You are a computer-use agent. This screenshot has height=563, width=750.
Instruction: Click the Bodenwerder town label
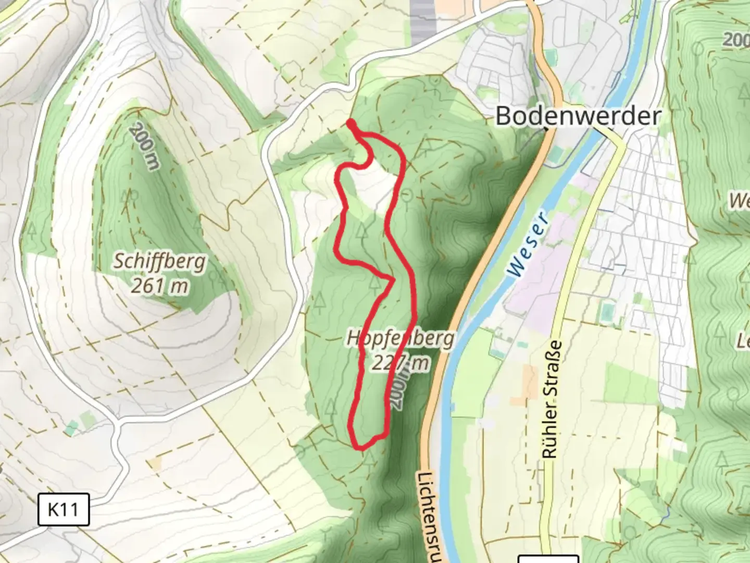(578, 116)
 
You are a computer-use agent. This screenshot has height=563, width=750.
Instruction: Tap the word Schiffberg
(159, 261)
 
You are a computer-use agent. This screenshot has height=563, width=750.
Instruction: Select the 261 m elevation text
(159, 286)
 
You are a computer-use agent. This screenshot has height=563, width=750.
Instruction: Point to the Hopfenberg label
(400, 339)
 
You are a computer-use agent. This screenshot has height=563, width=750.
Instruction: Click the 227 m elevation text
(400, 363)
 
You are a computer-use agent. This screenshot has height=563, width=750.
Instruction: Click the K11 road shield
(64, 509)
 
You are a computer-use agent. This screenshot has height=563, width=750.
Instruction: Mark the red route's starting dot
(351, 123)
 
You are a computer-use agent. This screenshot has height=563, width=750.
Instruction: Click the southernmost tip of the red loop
(359, 447)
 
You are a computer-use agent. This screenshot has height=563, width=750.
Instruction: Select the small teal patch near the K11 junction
(72, 429)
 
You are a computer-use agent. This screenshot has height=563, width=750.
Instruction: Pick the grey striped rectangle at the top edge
(422, 21)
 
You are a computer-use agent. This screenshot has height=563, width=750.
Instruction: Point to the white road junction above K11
(119, 425)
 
